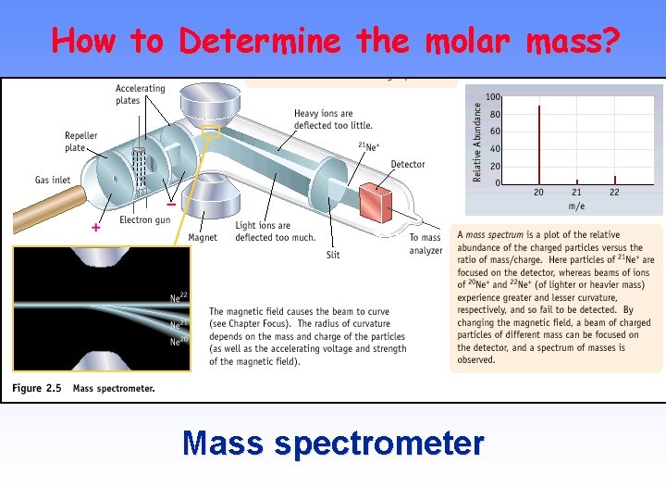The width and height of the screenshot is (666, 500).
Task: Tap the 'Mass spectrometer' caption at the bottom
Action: point(333,444)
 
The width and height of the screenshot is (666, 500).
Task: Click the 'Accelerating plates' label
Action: point(141,94)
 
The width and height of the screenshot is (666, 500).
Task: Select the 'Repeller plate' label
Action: point(81,142)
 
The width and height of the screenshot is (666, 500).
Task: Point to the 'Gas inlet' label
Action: point(53,180)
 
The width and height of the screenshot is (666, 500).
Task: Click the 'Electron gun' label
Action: point(144,220)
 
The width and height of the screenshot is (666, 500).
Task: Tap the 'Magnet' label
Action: point(203,238)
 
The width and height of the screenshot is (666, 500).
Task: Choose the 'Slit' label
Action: point(333,255)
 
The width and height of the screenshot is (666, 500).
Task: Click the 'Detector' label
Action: point(407,165)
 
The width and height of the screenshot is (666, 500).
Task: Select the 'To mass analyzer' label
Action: point(425,244)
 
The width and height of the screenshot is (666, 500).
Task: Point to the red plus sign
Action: point(95,228)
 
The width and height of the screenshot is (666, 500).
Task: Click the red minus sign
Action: point(171,203)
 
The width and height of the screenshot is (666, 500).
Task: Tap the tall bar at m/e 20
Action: point(539,144)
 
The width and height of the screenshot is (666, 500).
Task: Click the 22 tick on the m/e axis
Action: point(614,193)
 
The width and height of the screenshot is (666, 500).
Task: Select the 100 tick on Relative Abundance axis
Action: point(493,96)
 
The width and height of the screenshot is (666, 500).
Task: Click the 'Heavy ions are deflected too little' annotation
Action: point(333,119)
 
